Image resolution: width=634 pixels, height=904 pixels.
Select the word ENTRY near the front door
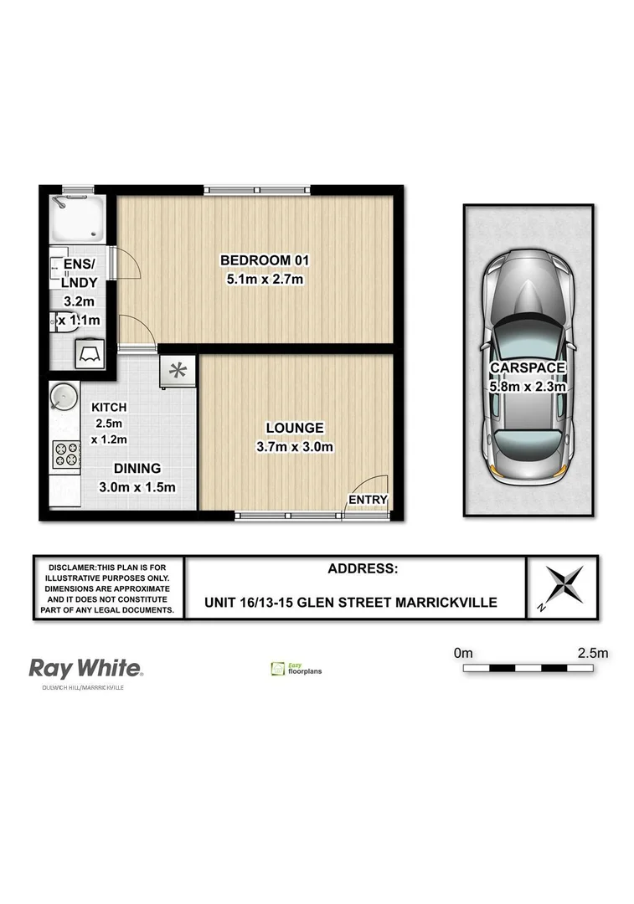coord(369,500)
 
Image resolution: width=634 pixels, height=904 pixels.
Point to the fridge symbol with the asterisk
coord(178,370)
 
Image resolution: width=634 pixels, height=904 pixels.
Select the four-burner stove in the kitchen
coord(66,454)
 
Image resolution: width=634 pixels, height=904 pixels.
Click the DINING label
coord(138,469)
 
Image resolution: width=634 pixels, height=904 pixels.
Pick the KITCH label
coord(109,407)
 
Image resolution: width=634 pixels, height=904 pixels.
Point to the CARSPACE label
coord(528,367)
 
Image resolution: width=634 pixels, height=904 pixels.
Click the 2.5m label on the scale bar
coord(591,652)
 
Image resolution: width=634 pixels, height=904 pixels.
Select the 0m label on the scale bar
coord(463,652)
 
